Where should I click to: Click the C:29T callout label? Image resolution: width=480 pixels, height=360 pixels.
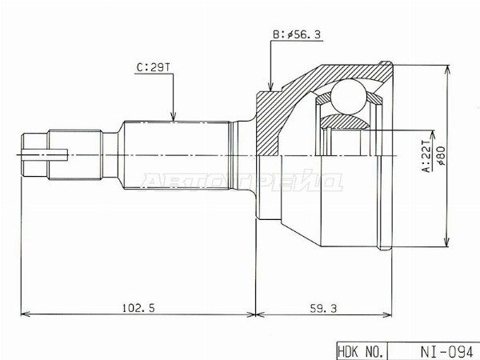(153, 67)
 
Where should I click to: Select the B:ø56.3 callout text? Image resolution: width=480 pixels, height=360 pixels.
(297, 34)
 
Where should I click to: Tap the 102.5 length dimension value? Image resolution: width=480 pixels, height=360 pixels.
(138, 308)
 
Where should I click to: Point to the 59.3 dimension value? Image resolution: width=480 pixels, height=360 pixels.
(323, 308)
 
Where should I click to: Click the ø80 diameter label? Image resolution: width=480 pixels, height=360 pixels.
(442, 155)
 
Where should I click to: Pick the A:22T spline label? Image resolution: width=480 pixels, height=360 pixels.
(426, 156)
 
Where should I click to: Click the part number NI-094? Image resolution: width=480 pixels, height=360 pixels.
(446, 351)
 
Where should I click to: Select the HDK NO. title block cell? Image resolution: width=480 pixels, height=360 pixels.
(362, 351)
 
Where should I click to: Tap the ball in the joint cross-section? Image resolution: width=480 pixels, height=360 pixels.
(349, 96)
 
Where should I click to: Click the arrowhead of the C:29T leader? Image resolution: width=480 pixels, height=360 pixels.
(174, 116)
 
